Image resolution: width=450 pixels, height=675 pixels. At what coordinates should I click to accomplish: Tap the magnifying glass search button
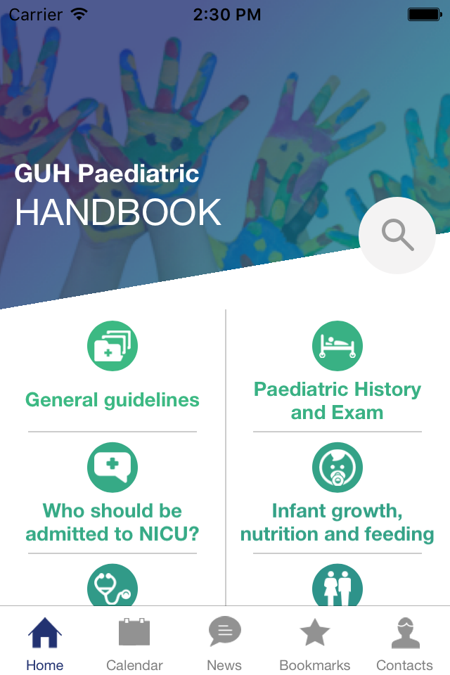397,235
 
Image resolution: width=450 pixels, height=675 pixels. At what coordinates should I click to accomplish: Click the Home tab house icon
45,632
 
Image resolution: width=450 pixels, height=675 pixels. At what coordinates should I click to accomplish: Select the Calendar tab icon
134,632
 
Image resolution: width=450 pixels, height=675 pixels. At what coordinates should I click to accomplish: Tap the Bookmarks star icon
315,632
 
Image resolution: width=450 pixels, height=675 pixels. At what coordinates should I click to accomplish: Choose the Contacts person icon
405,633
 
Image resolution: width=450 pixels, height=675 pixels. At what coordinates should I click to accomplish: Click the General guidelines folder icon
112,346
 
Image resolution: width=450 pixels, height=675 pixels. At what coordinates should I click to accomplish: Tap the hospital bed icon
337,346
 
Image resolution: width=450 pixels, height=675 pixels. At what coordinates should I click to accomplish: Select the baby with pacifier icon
337,468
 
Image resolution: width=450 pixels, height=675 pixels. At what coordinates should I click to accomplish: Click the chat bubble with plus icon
112,468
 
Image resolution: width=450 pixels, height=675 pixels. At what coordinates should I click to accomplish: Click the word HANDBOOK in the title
118,212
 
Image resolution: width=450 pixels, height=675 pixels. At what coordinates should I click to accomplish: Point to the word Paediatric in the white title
139,174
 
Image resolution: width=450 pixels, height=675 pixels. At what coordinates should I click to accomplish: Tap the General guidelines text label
112,400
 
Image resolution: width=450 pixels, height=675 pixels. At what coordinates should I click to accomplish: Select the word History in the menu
381,390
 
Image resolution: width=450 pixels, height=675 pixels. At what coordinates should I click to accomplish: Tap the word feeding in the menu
399,534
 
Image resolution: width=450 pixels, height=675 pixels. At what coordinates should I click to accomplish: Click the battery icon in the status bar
425,15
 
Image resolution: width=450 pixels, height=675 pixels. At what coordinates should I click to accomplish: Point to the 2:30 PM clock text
227,15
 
